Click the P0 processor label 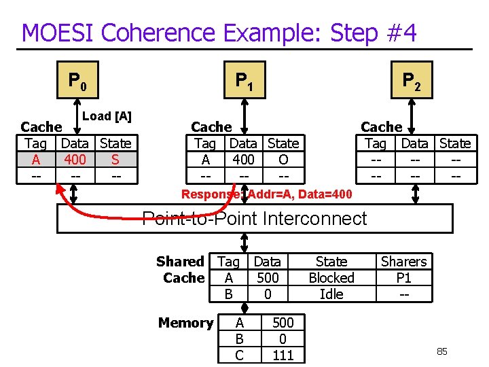[77, 82]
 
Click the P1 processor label [244, 82]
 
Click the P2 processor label [411, 82]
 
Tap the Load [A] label [107, 116]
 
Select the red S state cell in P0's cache [115, 160]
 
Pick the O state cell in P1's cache [283, 160]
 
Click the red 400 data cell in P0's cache [75, 160]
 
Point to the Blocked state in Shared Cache [331, 277]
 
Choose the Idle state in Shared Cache [331, 294]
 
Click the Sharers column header [403, 262]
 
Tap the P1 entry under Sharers [403, 277]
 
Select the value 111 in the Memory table [283, 355]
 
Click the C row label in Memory [239, 355]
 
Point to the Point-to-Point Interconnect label [255, 219]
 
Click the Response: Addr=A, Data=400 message [267, 195]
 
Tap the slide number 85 [441, 351]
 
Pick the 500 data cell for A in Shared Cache [268, 277]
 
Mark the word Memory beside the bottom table [185, 322]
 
